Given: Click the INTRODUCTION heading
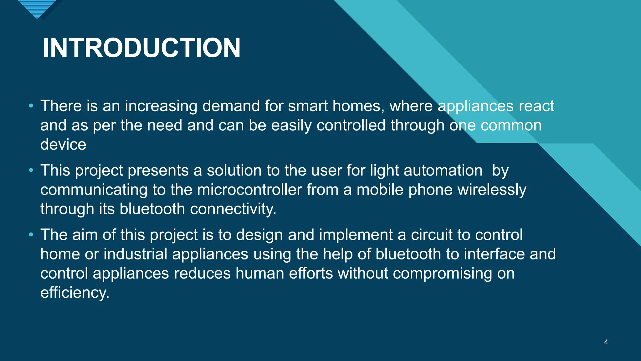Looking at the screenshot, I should pos(141,48).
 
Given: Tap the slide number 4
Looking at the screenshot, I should pos(606,342).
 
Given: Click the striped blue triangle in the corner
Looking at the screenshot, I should pos(37,8).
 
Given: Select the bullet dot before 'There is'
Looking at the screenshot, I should pos(31,106).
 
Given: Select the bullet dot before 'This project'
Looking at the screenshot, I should pos(31,170).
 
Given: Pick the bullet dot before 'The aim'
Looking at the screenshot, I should pos(31,235).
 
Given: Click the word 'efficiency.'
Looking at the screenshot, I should pos(75,293).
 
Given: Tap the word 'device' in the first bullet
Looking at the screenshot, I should pos(63,144).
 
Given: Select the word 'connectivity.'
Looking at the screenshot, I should pos(233,209).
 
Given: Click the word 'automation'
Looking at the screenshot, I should pos(443,170).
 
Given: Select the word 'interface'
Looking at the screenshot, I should pos(494,254).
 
